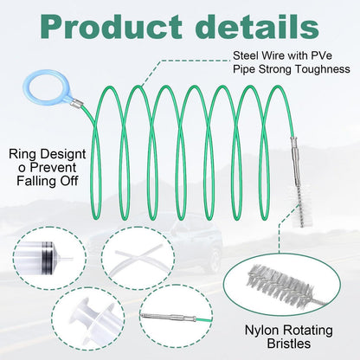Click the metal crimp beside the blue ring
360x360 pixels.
click(77, 103)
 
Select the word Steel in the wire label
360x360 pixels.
click(245, 55)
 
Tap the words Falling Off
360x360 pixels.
click(48, 181)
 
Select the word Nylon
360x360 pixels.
click(261, 330)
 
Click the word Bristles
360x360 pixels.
click(289, 344)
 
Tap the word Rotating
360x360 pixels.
click(307, 330)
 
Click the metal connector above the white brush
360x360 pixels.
click(296, 162)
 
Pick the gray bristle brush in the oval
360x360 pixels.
click(283, 285)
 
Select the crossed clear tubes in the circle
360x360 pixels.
click(138, 258)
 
